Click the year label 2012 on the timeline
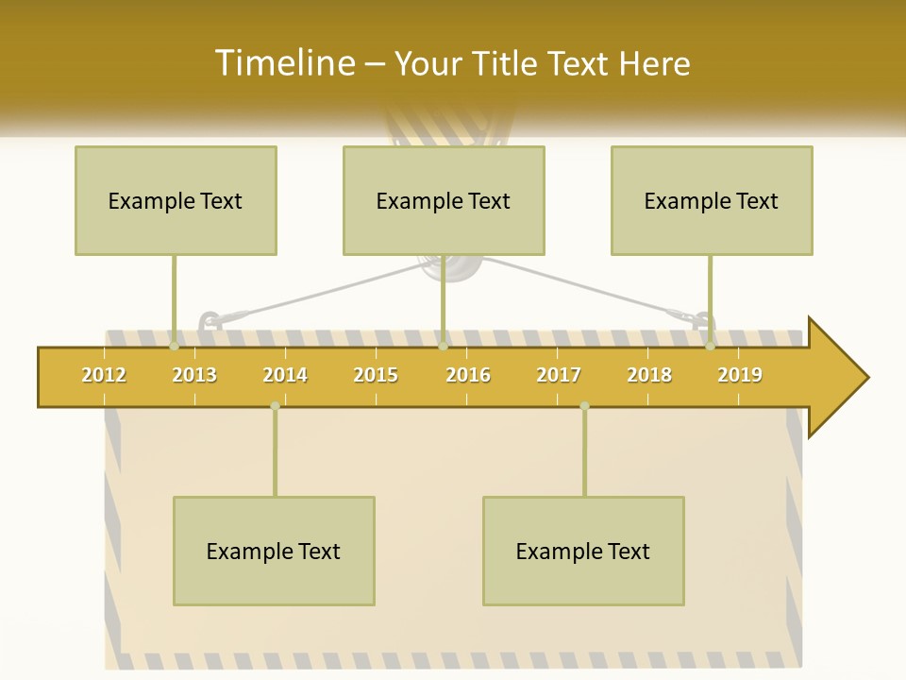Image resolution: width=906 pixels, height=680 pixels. pyautogui.click(x=104, y=375)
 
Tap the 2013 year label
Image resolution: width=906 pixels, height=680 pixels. pyautogui.click(x=194, y=375)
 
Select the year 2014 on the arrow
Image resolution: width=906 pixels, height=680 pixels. pyautogui.click(x=285, y=375)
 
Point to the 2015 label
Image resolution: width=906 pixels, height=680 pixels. pyautogui.click(x=376, y=375)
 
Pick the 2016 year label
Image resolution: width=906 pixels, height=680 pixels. pyautogui.click(x=468, y=375)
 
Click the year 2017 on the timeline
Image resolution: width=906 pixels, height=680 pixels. pyautogui.click(x=559, y=375)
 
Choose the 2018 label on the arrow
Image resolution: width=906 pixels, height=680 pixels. pyautogui.click(x=649, y=375)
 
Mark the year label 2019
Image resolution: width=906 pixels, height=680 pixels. pyautogui.click(x=740, y=375)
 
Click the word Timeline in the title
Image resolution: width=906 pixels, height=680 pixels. pyautogui.click(x=284, y=63)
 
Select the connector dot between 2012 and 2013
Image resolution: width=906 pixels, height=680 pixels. pyautogui.click(x=174, y=347)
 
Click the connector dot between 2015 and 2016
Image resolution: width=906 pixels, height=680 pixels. pyautogui.click(x=443, y=347)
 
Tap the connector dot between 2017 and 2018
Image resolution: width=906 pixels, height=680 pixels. pyautogui.click(x=584, y=406)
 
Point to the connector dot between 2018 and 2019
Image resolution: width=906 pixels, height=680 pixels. pyautogui.click(x=711, y=347)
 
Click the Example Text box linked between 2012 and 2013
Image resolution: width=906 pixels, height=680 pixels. pyautogui.click(x=176, y=200)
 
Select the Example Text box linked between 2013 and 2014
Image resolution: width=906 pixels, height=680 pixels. pyautogui.click(x=274, y=551)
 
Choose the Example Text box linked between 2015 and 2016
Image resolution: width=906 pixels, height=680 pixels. pyautogui.click(x=444, y=200)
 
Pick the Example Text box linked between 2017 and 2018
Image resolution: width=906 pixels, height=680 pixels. pyautogui.click(x=583, y=551)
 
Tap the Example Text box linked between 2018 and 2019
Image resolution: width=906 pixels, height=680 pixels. pyautogui.click(x=712, y=200)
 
